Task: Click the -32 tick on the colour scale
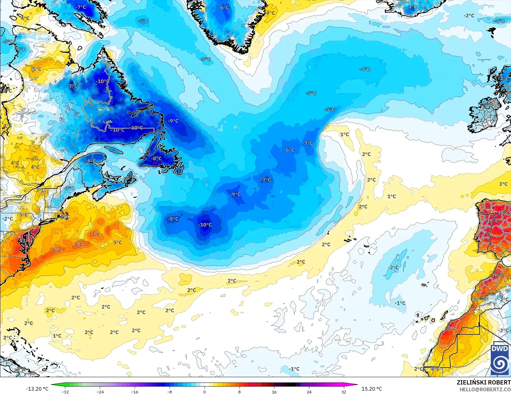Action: tap(65, 392)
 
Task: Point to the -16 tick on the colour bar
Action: tap(135, 392)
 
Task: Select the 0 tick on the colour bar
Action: tap(205, 392)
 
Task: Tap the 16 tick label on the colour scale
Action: tap(274, 392)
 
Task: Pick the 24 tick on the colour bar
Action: tap(309, 392)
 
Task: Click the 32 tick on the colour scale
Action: tap(344, 392)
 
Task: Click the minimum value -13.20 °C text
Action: tap(37, 389)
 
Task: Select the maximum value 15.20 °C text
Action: tap(372, 389)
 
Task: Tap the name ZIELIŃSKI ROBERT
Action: tap(483, 382)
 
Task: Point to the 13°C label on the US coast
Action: tap(26, 241)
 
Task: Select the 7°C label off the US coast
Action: tap(96, 235)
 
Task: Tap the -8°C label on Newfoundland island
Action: tap(156, 159)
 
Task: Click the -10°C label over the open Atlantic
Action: tap(205, 225)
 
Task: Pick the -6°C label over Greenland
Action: tap(224, 7)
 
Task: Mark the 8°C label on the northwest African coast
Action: tap(452, 328)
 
